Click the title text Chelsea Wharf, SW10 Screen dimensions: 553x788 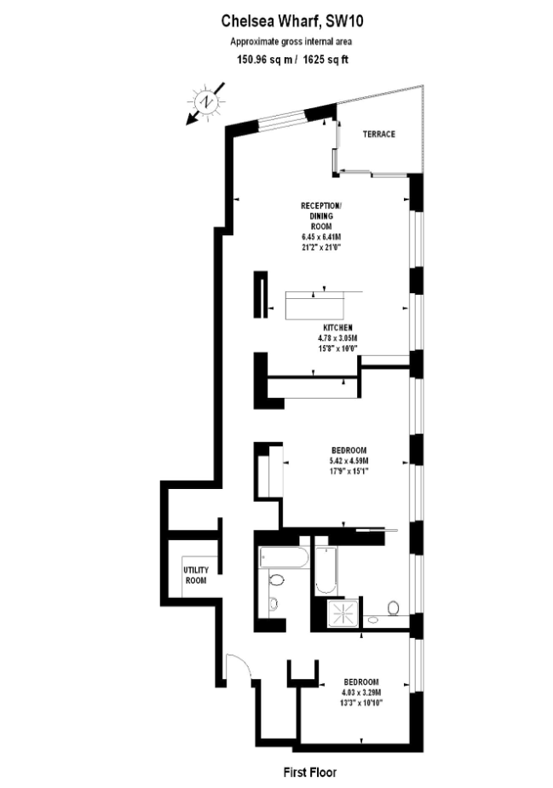292,21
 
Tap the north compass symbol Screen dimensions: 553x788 205,102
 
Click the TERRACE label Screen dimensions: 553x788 379,135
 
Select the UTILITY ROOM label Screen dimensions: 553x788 196,575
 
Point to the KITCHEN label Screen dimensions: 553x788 337,328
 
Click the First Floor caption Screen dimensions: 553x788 310,772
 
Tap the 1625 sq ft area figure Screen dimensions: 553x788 325,60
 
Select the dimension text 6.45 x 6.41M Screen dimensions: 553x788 322,237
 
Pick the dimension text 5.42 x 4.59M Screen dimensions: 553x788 349,461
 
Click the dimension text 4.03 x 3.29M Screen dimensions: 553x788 361,693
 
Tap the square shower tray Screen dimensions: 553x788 343,613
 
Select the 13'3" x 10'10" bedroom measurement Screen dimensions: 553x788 361,703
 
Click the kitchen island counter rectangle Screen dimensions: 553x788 314,305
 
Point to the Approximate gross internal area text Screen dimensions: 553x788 291,42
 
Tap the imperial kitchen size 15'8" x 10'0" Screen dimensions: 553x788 337,348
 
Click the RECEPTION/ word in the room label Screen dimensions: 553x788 321,205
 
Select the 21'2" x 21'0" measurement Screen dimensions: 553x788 322,247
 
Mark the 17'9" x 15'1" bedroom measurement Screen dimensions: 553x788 349,471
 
